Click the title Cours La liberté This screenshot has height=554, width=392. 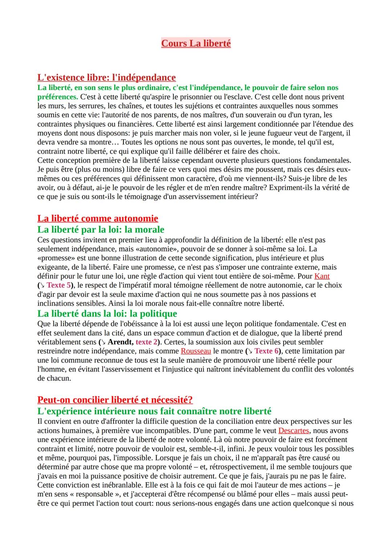(x=196, y=44)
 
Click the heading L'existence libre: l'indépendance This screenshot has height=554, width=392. (x=106, y=77)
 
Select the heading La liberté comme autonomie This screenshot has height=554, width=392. (x=98, y=218)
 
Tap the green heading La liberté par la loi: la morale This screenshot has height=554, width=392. (x=101, y=230)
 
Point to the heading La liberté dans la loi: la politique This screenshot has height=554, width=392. (x=107, y=313)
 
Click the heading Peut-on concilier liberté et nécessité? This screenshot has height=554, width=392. (x=115, y=400)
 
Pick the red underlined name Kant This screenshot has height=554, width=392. (x=322, y=276)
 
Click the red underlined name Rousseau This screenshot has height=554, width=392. (x=196, y=351)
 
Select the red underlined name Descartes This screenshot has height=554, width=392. (x=293, y=431)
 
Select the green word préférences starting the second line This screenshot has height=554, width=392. (x=57, y=97)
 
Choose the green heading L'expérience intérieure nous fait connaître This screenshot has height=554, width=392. (x=154, y=411)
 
